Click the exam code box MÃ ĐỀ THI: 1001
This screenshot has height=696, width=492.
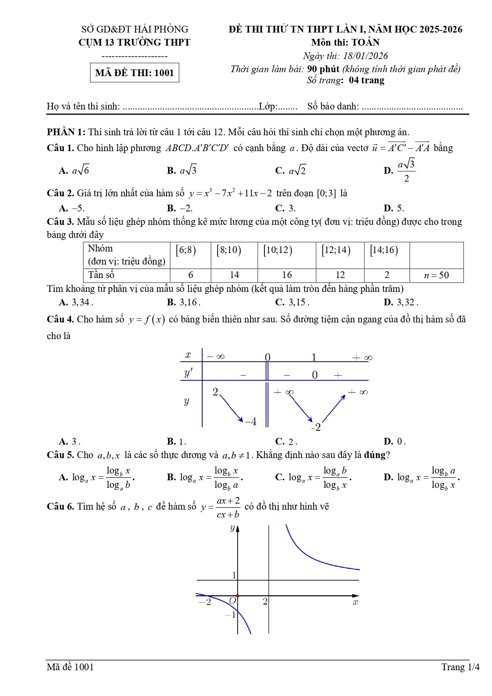[134, 73]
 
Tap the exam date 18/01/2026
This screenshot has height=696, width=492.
[365, 56]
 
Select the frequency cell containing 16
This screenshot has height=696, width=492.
[287, 275]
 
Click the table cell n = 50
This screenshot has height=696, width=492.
[436, 275]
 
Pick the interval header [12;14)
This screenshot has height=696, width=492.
[336, 250]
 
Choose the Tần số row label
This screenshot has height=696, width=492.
[101, 275]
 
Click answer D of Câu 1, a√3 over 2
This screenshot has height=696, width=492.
[400, 171]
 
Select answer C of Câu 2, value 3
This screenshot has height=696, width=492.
[285, 208]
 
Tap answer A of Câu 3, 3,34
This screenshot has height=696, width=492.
[76, 302]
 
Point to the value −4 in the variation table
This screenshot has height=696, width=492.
[251, 422]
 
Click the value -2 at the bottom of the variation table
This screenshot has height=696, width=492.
[316, 428]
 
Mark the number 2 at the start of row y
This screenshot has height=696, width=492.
[215, 392]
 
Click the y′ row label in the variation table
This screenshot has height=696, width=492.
[189, 373]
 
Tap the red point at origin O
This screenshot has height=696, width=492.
[237, 596]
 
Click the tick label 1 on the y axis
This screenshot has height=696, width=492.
[234, 575]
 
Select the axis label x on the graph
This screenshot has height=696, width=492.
[355, 602]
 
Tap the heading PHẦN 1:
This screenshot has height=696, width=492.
[66, 132]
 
